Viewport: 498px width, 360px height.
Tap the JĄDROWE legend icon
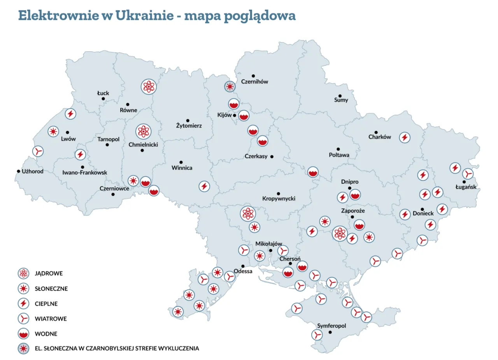(x=24, y=273)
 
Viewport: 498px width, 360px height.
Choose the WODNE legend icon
(x=24, y=334)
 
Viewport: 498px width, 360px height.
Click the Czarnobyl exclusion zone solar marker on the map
(x=230, y=86)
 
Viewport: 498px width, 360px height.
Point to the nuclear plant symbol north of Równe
(x=148, y=87)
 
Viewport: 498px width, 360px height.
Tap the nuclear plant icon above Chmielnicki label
(x=143, y=131)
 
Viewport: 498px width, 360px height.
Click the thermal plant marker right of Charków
(x=405, y=137)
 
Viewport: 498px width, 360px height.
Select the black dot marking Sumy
(x=340, y=96)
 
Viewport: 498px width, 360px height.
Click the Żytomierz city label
(x=189, y=126)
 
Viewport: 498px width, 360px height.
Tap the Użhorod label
(x=33, y=171)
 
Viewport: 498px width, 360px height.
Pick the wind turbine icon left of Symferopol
(x=317, y=334)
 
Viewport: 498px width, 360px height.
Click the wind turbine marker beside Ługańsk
(x=468, y=173)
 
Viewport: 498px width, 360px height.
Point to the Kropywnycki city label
(x=279, y=199)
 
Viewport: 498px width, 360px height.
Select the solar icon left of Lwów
(x=53, y=131)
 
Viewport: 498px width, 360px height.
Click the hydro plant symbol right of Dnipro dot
(x=355, y=194)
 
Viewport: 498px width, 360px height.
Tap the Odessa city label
(x=243, y=271)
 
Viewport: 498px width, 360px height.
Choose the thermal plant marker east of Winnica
(x=204, y=186)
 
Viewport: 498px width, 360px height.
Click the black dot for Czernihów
(x=253, y=76)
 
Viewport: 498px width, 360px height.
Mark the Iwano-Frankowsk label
(x=84, y=172)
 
